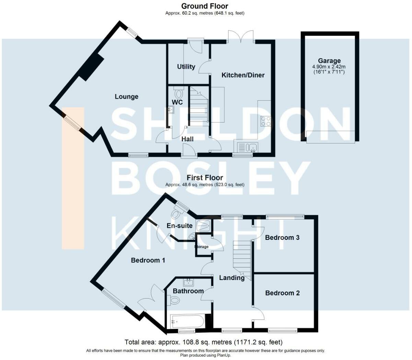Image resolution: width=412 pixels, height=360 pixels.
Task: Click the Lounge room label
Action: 126,97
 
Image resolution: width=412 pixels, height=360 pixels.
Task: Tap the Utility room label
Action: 186,67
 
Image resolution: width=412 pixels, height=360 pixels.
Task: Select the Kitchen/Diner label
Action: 243,75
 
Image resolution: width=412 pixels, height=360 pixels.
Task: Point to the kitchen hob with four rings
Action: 266,121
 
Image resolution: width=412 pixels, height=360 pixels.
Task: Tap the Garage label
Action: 329,61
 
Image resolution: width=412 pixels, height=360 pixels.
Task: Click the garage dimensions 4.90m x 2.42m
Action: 329,67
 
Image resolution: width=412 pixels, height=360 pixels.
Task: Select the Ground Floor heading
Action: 204,6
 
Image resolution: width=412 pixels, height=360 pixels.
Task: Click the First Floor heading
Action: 205,177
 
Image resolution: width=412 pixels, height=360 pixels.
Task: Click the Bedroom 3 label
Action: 282,237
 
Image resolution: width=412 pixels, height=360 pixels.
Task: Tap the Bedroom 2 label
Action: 282,293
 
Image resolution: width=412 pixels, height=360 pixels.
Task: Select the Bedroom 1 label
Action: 148,260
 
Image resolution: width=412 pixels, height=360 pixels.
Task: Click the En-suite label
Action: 179,225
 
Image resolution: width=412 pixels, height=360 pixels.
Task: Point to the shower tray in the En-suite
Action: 204,225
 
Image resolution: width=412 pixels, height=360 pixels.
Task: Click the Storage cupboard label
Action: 201,247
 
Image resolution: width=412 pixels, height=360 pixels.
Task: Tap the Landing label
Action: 232,278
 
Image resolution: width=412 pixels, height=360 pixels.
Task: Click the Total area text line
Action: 203,342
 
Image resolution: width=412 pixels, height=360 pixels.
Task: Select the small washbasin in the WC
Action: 171,109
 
